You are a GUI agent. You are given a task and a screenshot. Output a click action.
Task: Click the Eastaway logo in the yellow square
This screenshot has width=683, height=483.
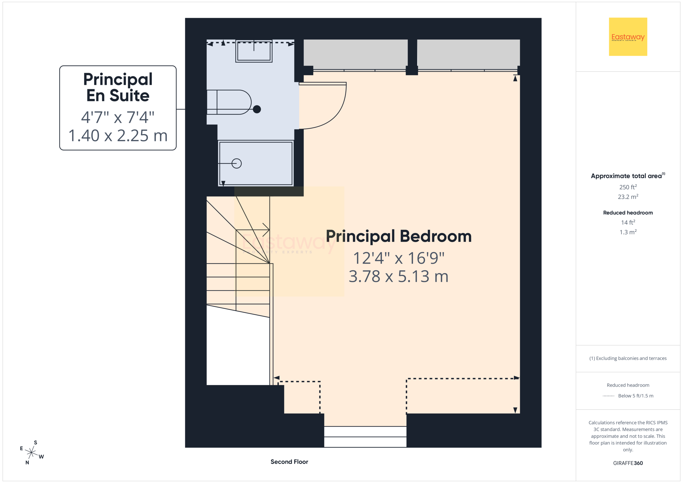(628, 37)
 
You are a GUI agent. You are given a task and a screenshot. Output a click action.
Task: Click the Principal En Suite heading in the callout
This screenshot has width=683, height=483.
(118, 87)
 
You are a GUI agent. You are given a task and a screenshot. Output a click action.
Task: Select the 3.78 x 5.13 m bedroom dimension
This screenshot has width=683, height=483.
(399, 276)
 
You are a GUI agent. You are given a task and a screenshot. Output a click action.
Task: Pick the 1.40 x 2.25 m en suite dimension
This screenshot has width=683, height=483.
(118, 136)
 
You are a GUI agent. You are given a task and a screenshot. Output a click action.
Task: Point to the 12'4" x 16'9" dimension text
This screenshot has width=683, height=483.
(399, 258)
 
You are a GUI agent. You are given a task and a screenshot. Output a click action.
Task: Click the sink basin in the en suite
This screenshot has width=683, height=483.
(254, 51)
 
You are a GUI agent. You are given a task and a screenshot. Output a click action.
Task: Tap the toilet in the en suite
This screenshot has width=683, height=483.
(229, 102)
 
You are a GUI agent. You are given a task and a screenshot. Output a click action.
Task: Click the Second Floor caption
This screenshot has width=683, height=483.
(289, 462)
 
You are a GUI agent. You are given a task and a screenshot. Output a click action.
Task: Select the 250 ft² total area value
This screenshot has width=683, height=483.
(628, 187)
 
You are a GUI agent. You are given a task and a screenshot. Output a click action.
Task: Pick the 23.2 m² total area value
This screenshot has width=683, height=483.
(628, 197)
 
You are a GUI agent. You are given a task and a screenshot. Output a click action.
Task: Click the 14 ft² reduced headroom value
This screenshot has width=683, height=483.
(628, 222)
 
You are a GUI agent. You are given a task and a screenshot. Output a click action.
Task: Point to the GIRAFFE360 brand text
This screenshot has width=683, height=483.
(628, 463)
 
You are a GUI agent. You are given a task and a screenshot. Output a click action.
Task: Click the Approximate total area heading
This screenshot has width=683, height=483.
(628, 176)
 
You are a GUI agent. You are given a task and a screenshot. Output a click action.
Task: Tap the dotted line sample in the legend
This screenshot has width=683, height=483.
(609, 396)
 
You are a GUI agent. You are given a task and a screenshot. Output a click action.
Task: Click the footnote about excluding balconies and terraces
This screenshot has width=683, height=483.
(628, 358)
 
